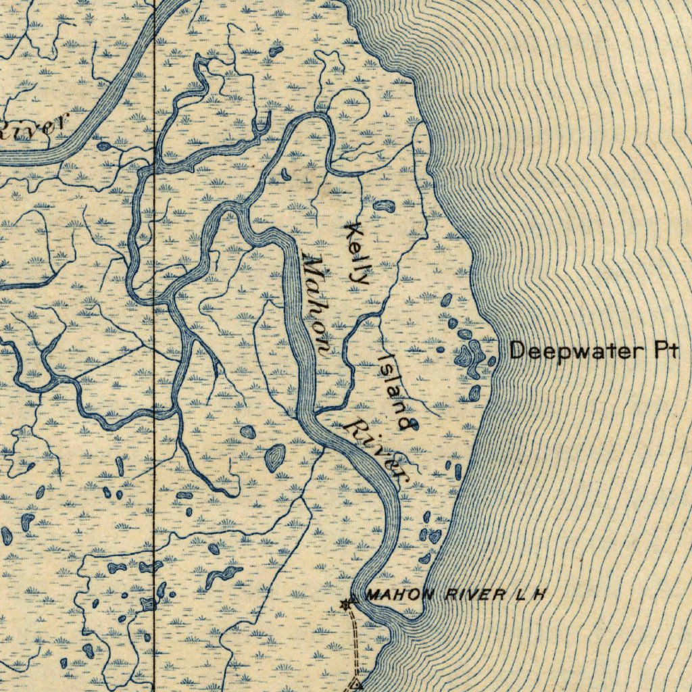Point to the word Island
tap(396, 390)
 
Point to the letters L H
tap(530, 595)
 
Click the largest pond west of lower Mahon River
tap(274, 458)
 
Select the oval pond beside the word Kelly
tap(383, 205)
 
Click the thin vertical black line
tap(155, 405)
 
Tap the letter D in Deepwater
tap(517, 351)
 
